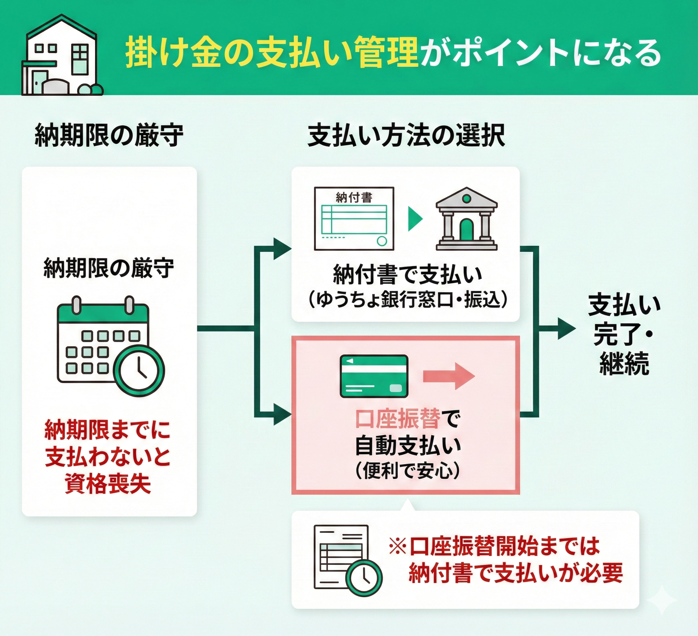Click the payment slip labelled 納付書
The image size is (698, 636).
[354, 219]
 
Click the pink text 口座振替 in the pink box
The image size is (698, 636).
[398, 419]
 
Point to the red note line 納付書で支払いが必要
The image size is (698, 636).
[515, 573]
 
